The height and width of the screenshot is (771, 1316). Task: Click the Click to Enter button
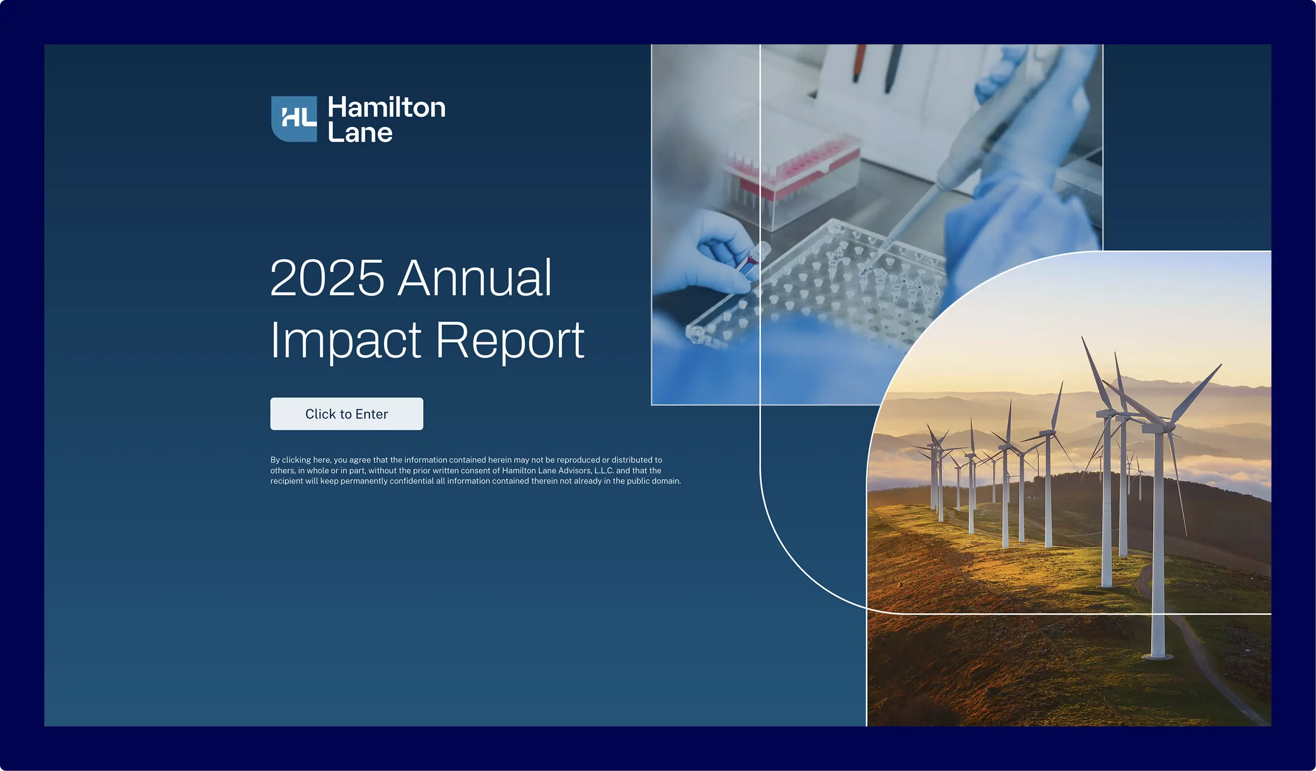346,414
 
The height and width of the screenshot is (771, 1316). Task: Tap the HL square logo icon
294,119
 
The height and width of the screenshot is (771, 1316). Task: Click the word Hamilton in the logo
387,107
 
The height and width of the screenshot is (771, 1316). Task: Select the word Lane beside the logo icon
360,133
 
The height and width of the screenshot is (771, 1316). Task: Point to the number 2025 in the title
327,278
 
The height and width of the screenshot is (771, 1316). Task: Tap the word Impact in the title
345,340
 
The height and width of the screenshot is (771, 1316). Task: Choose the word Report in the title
510,340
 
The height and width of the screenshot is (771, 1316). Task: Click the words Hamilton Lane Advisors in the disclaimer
546,470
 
